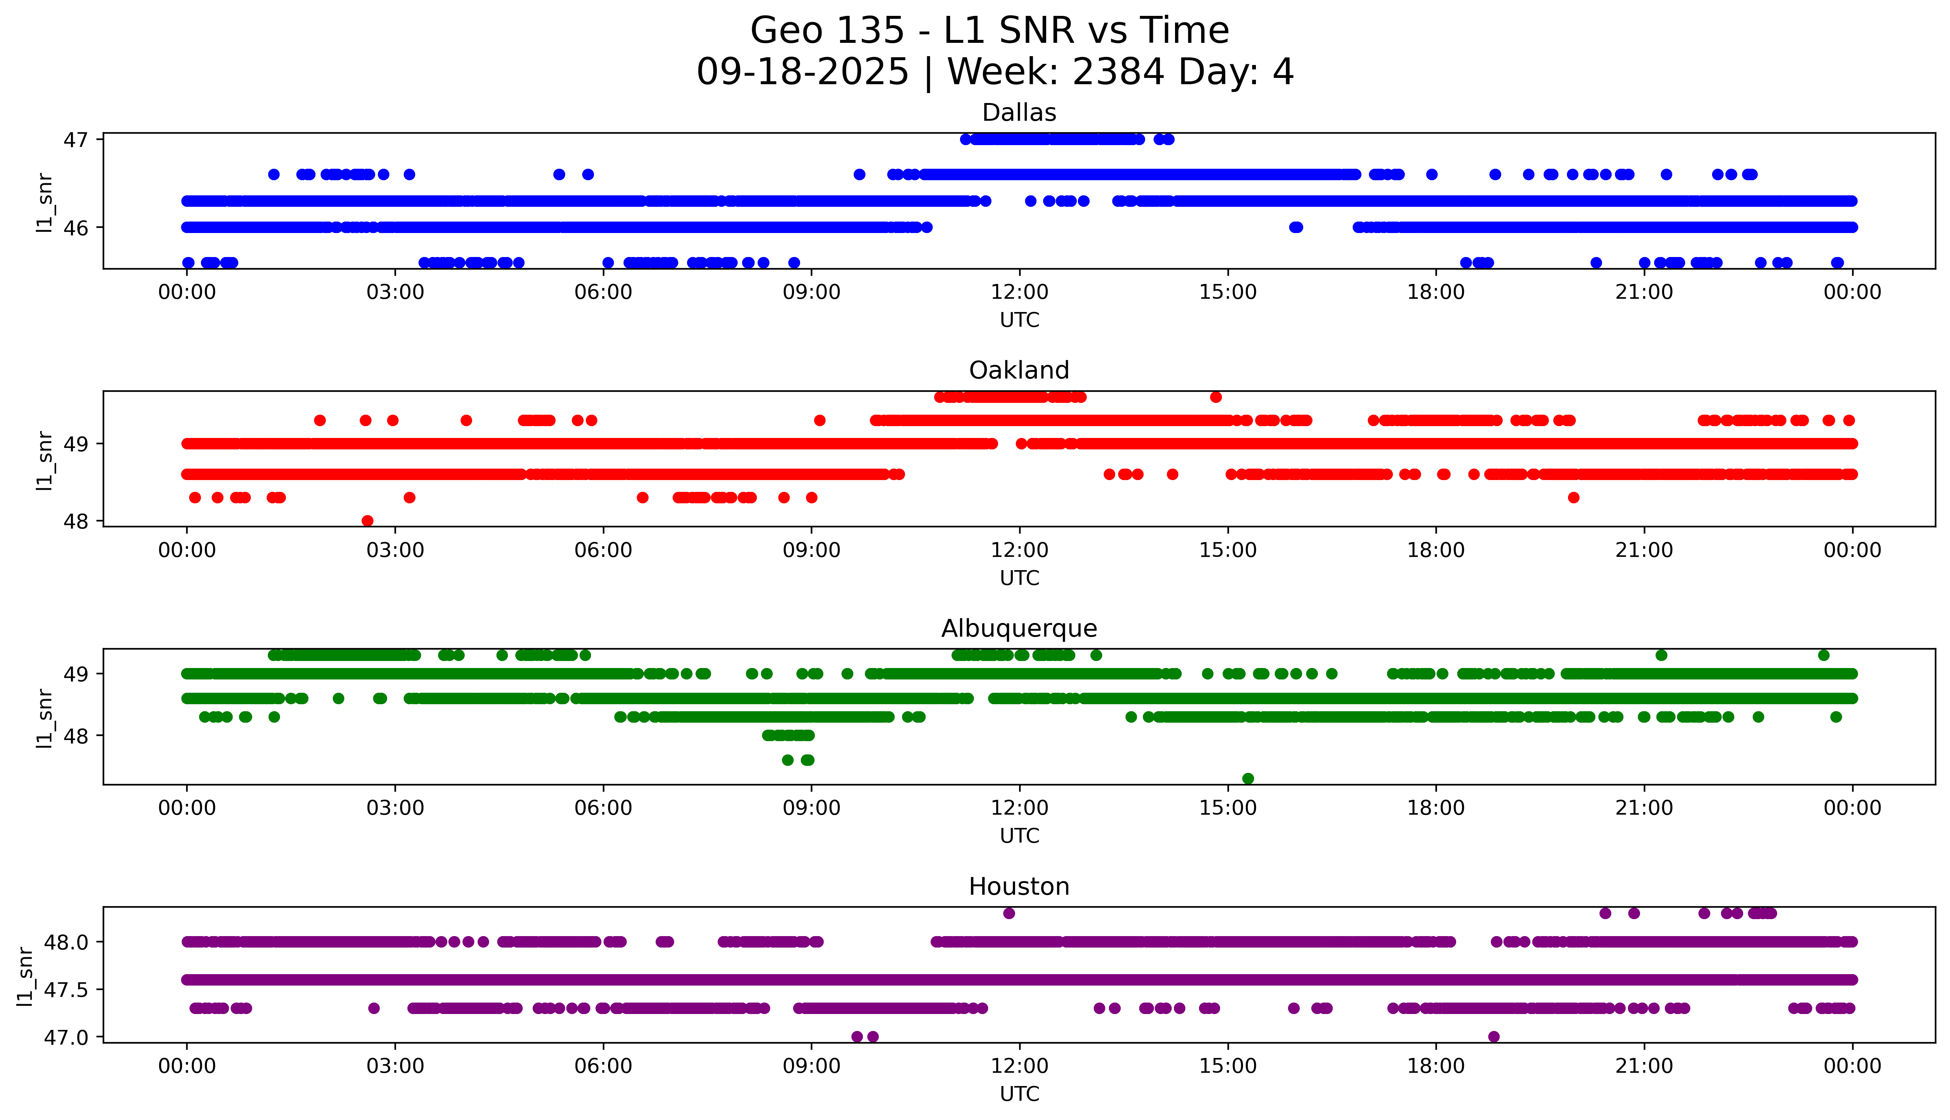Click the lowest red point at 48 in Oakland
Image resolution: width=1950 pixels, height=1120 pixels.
[368, 521]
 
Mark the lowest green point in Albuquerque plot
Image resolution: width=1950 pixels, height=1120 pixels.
[1248, 778]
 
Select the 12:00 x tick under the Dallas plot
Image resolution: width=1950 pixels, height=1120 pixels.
[1019, 292]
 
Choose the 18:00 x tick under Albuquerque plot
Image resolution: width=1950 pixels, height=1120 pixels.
[1435, 808]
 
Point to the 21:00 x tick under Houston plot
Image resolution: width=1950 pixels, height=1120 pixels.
[1644, 1066]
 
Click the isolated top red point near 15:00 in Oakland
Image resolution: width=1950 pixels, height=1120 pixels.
[1215, 397]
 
